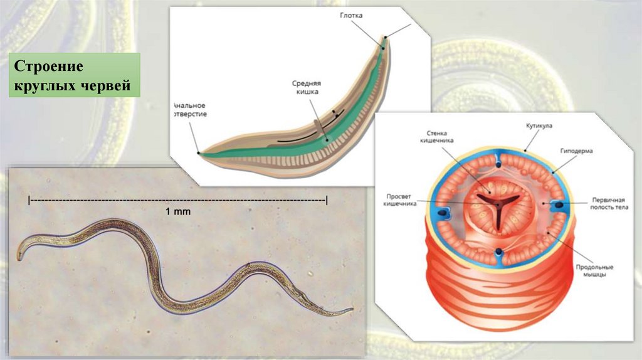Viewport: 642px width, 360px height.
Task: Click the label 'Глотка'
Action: pos(353,15)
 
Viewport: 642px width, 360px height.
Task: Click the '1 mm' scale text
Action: pos(177,212)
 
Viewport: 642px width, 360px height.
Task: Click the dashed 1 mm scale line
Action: pos(177,200)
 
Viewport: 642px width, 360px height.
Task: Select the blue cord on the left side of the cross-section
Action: pos(445,213)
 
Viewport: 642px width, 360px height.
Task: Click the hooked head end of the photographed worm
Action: pos(21,254)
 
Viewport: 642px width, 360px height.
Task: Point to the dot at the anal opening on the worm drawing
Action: pos(199,152)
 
